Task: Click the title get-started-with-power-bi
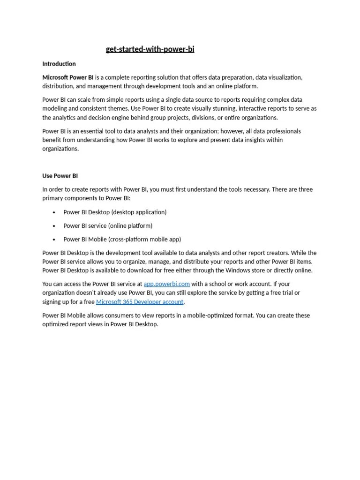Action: (x=150, y=49)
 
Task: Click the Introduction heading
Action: (x=59, y=64)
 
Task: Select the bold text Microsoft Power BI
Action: (x=68, y=77)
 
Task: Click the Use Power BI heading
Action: (x=60, y=176)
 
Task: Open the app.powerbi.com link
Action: (x=166, y=284)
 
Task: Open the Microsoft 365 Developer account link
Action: (x=140, y=302)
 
